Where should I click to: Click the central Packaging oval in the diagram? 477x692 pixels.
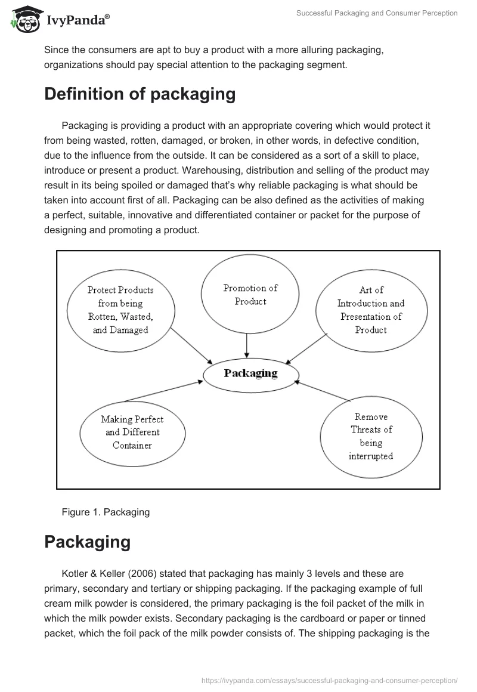250,373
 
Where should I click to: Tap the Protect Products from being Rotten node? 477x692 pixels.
120,310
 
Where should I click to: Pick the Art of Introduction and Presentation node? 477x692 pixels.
371,310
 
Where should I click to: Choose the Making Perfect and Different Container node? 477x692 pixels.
132,432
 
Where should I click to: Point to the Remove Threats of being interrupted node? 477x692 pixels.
371,436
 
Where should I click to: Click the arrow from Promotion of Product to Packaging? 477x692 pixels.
247,346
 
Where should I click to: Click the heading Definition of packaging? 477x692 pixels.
140,94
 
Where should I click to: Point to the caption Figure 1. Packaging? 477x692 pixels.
105,512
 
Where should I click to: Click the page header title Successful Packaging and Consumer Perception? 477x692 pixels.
377,13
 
